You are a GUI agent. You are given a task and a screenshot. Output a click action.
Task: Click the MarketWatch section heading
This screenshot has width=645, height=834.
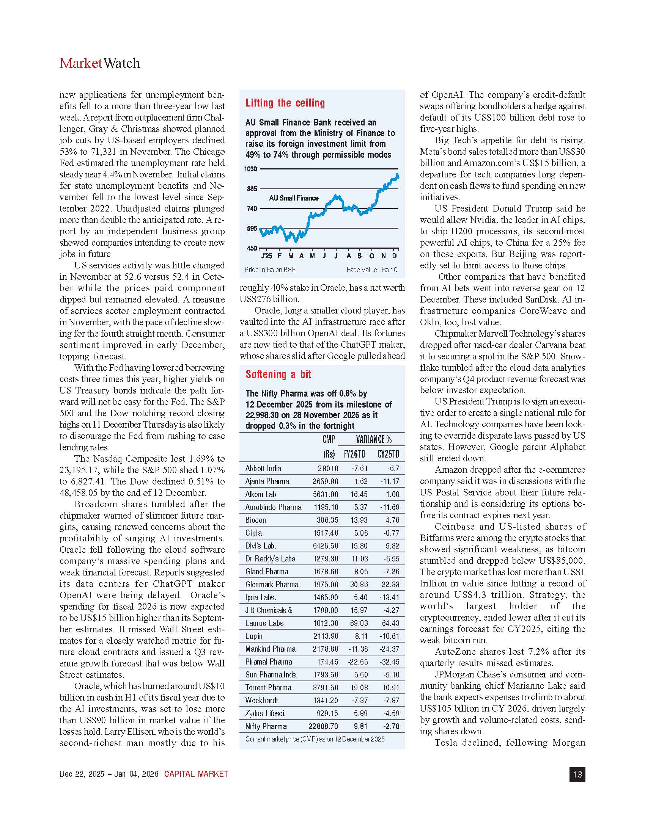pyautogui.click(x=100, y=63)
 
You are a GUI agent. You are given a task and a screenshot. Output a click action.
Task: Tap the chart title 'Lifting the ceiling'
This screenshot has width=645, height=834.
pyautogui.click(x=285, y=103)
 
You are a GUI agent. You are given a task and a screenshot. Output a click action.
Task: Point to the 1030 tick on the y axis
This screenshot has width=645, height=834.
pyautogui.click(x=251, y=169)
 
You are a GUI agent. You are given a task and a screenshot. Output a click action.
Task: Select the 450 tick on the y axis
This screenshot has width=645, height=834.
pyautogui.click(x=252, y=248)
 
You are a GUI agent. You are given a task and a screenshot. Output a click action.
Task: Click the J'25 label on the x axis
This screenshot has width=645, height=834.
pyautogui.click(x=266, y=256)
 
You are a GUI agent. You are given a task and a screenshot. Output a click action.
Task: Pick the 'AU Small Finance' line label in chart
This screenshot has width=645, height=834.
pyautogui.click(x=293, y=198)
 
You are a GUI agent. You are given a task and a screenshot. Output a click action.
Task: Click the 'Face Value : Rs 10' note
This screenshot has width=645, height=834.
pyautogui.click(x=372, y=270)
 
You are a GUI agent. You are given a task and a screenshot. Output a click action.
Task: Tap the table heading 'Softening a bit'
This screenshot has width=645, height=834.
pyautogui.click(x=278, y=375)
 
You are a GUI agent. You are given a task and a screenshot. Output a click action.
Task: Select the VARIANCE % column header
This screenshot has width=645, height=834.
pyautogui.click(x=374, y=439)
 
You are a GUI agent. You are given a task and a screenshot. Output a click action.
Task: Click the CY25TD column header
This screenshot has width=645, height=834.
pyautogui.click(x=388, y=454)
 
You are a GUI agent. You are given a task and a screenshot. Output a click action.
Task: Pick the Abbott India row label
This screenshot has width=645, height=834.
pyautogui.click(x=263, y=469)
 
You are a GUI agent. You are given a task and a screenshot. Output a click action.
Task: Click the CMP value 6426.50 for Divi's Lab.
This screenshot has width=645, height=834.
pyautogui.click(x=326, y=546)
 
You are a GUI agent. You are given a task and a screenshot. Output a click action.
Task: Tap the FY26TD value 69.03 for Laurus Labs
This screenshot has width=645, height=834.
pyautogui.click(x=359, y=623)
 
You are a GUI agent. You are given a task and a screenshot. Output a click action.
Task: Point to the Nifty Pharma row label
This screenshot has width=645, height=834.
pyautogui.click(x=266, y=726)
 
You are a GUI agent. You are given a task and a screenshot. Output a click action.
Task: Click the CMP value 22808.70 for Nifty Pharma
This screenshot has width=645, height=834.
pyautogui.click(x=323, y=726)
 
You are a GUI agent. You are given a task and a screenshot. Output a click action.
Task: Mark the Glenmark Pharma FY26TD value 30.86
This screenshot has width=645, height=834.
pyautogui.click(x=359, y=585)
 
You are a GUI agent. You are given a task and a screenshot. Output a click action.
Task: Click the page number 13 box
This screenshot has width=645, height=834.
pyautogui.click(x=577, y=774)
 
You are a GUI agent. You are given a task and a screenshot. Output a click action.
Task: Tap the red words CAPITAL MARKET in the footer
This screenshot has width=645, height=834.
pyautogui.click(x=196, y=774)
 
